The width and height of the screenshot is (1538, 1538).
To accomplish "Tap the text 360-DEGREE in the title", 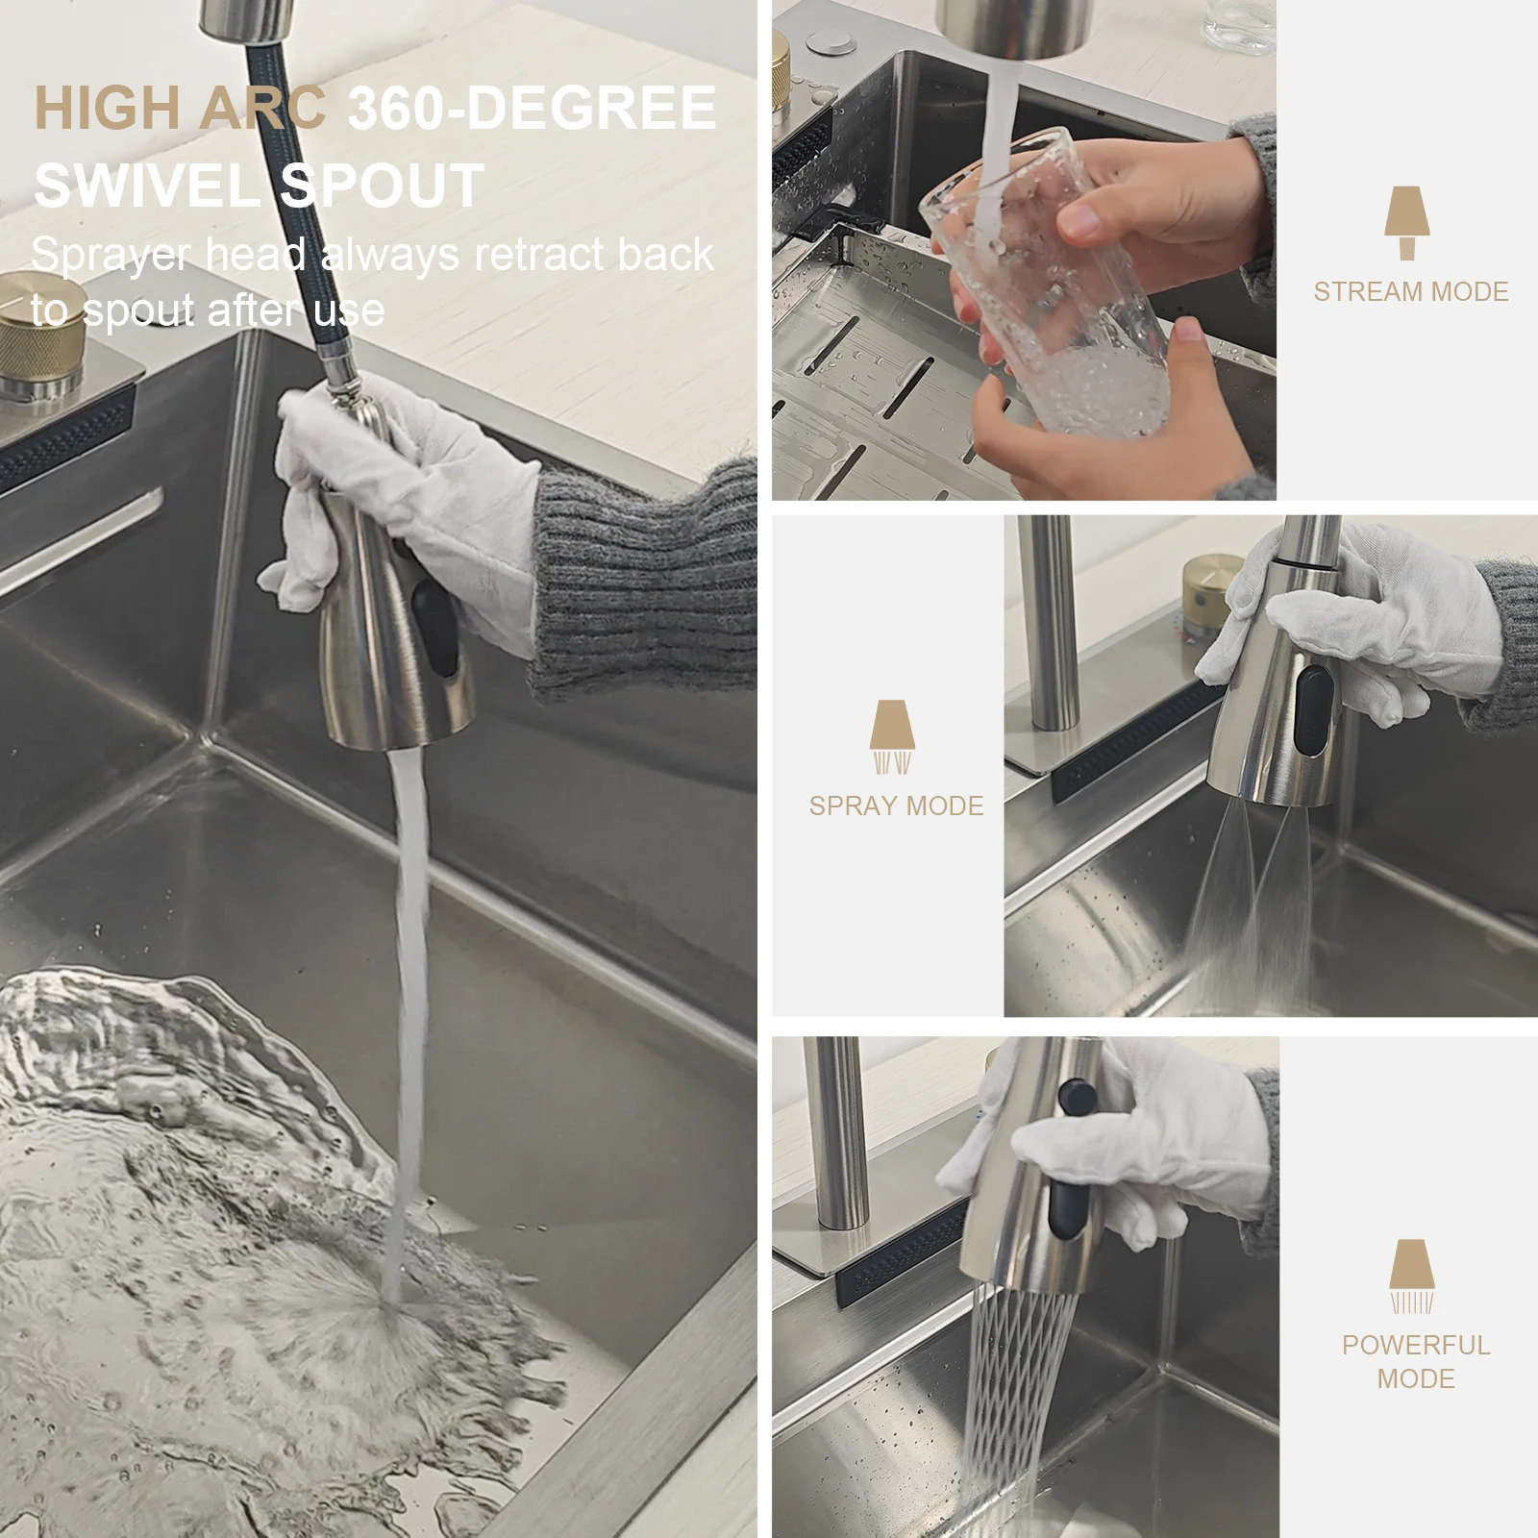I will (x=532, y=108).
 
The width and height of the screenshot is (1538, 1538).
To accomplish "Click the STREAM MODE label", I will (x=1410, y=292).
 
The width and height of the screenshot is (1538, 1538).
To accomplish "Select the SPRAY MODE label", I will (x=896, y=806).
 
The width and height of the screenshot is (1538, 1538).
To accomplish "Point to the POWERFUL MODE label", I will (x=1416, y=1361).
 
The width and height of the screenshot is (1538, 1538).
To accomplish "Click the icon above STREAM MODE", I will (x=1407, y=223).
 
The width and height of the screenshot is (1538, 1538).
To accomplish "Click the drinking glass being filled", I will (x=1048, y=288).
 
